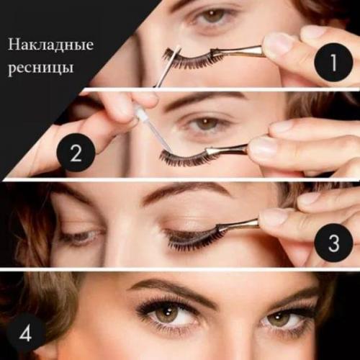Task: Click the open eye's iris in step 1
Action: (214, 15)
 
